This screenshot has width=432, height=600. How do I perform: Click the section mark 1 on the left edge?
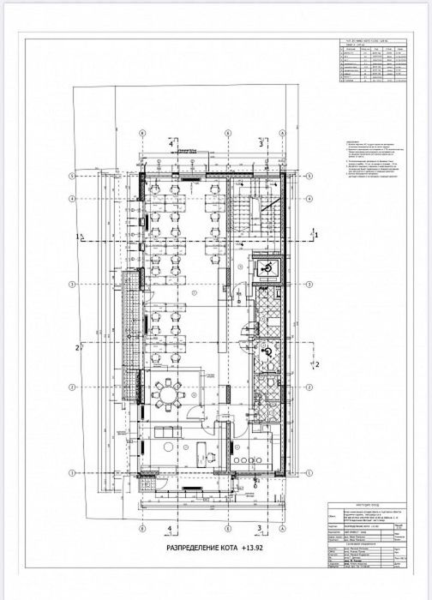tap(78, 234)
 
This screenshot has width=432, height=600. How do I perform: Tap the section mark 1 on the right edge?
tap(316, 233)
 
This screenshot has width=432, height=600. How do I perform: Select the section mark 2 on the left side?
tap(78, 347)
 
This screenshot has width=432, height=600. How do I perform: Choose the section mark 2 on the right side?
tap(316, 364)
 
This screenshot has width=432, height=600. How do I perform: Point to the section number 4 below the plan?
tap(171, 528)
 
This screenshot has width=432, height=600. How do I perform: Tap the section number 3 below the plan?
tap(259, 528)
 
